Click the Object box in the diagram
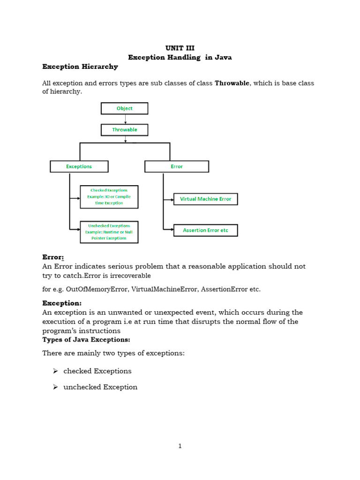click(x=124, y=108)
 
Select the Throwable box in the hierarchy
click(x=124, y=130)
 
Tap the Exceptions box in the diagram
click(x=79, y=166)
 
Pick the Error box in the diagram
click(x=177, y=166)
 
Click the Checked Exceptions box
click(x=109, y=197)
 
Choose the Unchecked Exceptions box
click(x=109, y=232)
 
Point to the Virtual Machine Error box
click(x=205, y=199)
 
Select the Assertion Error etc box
click(x=205, y=230)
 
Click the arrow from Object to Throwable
click(x=125, y=119)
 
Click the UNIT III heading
click(x=180, y=48)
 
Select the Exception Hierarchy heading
click(x=80, y=67)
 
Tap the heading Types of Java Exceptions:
click(x=86, y=339)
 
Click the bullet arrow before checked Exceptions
click(x=55, y=371)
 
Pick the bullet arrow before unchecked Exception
click(x=55, y=387)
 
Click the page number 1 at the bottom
click(x=180, y=446)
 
